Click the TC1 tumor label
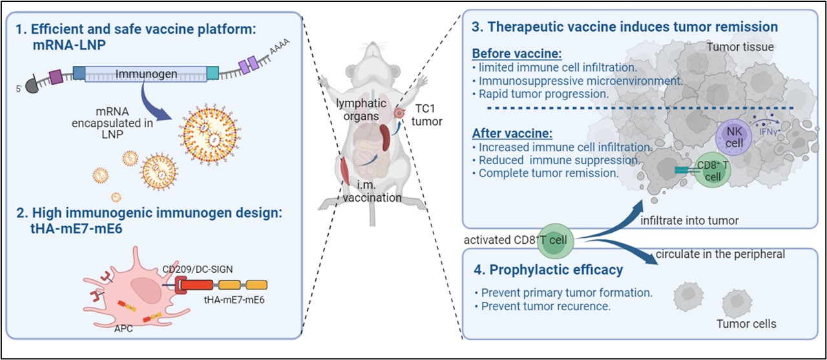click(x=426, y=115)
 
